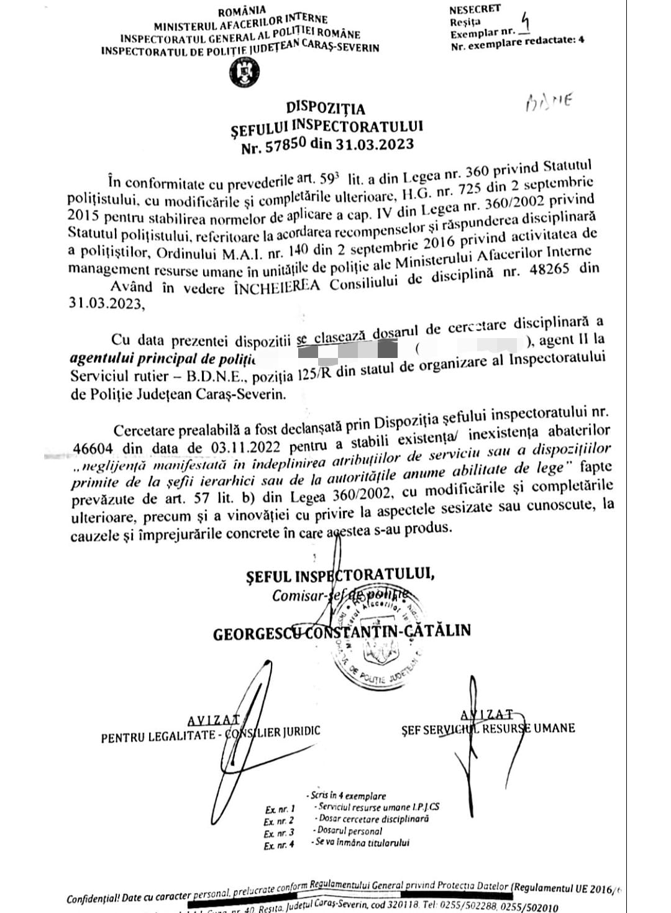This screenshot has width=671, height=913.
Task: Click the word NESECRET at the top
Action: [474, 9]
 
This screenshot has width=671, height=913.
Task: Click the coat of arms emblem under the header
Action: [244, 73]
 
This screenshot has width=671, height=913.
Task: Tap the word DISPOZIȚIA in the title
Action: [326, 109]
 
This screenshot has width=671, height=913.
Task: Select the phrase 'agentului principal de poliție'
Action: [163, 360]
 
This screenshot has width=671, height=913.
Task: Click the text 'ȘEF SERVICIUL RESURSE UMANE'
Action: [488, 729]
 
